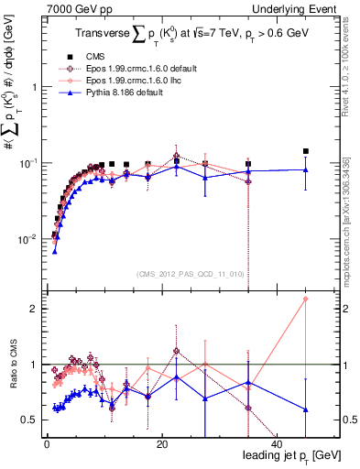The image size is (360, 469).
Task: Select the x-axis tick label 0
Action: pyautogui.click(x=47, y=443)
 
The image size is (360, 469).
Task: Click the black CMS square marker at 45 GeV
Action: pyautogui.click(x=306, y=151)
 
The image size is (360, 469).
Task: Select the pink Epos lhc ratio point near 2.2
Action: pyautogui.click(x=306, y=299)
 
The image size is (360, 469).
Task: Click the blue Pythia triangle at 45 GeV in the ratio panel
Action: pyautogui.click(x=306, y=409)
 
